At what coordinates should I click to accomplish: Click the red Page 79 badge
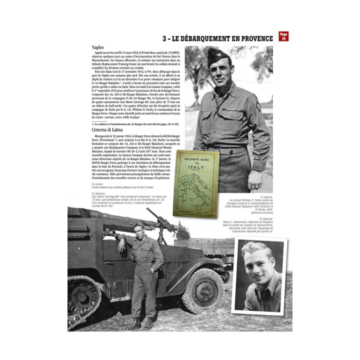point(283,36)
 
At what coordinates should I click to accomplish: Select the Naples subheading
point(98,48)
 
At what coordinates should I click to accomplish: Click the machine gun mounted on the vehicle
point(159,219)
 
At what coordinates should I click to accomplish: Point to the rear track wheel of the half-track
point(85,299)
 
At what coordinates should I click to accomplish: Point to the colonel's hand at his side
point(256,179)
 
